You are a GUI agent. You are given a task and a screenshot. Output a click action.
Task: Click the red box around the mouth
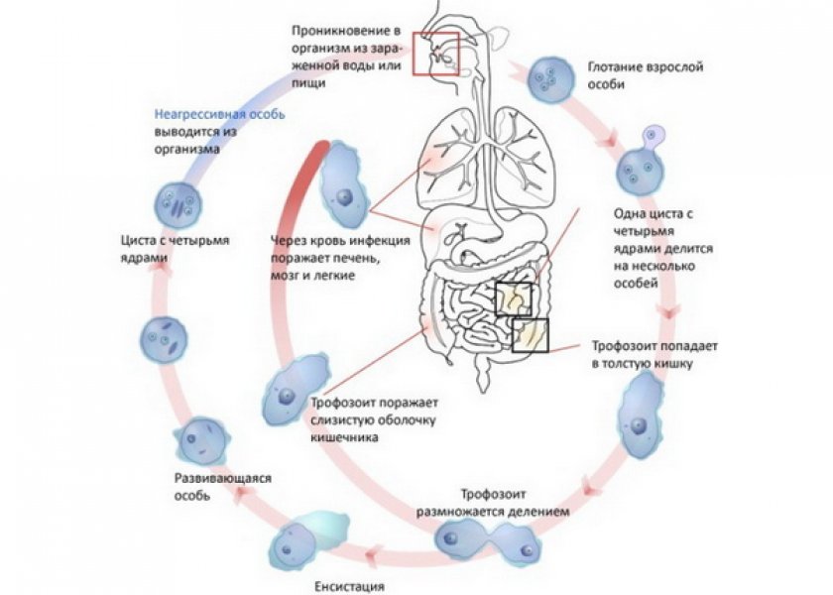click(435, 55)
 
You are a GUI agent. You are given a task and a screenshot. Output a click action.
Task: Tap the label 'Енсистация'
click(348, 585)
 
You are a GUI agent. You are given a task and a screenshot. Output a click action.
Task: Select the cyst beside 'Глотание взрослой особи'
click(547, 79)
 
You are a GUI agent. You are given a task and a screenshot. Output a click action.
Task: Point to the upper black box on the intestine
click(514, 297)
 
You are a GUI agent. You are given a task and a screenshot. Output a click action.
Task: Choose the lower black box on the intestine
click(531, 335)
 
